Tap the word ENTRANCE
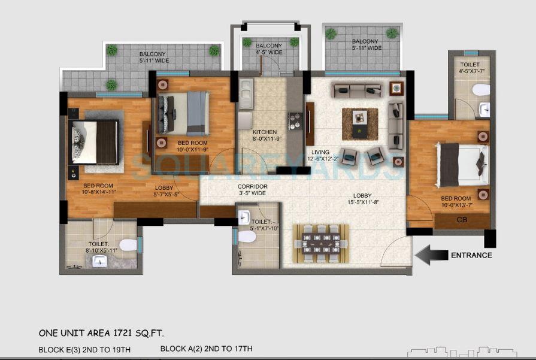pyautogui.click(x=471, y=255)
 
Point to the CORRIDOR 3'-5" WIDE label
pyautogui.click(x=252, y=190)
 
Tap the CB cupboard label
pyautogui.click(x=461, y=220)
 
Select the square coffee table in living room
pyautogui.click(x=360, y=117)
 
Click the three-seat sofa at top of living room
pyautogui.click(x=358, y=91)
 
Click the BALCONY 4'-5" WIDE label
pyautogui.click(x=269, y=49)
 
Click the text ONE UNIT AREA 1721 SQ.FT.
pyautogui.click(x=101, y=333)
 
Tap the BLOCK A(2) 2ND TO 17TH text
pyautogui.click(x=206, y=349)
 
